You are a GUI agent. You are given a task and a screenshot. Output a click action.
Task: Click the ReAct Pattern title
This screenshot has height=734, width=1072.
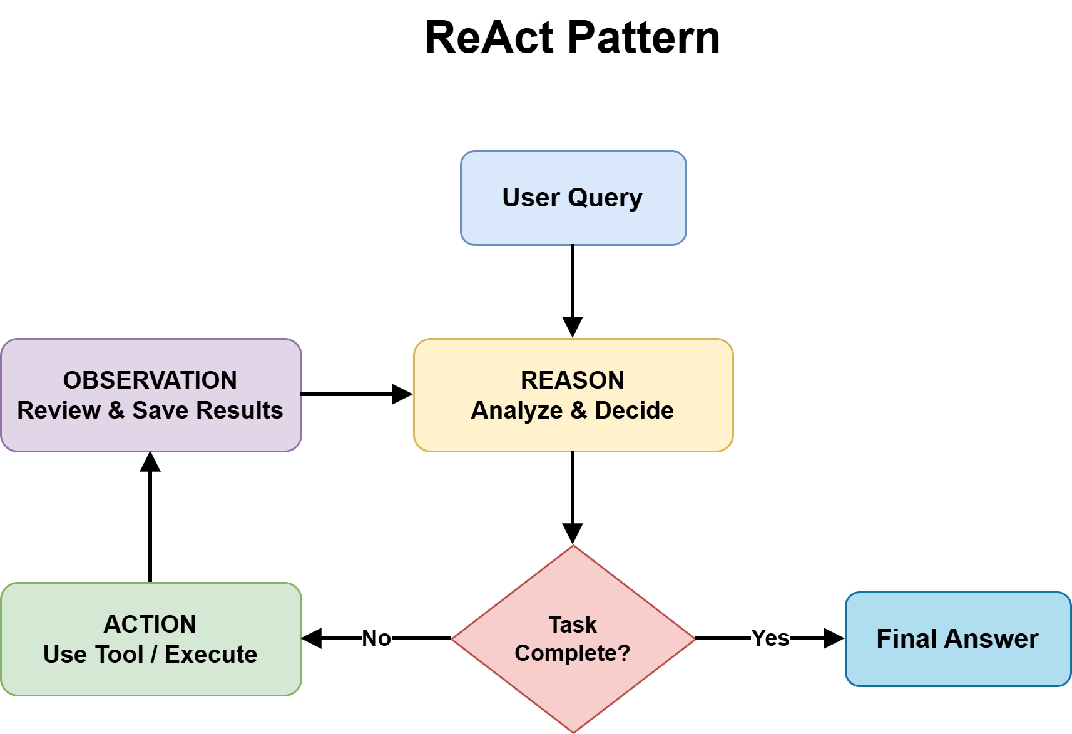pyautogui.click(x=572, y=38)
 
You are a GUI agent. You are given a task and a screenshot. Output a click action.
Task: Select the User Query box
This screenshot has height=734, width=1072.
pyautogui.click(x=573, y=198)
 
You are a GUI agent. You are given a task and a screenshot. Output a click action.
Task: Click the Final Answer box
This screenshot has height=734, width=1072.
pyautogui.click(x=957, y=639)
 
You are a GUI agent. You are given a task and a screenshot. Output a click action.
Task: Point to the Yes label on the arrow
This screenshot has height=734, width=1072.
pyautogui.click(x=770, y=638)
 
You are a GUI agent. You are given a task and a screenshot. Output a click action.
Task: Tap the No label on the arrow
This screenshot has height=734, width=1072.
pyautogui.click(x=377, y=638)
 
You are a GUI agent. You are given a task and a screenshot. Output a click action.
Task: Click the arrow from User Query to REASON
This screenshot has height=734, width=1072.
pyautogui.click(x=573, y=288)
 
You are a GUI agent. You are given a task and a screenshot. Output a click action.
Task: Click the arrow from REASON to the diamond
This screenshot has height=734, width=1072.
pyautogui.click(x=573, y=494)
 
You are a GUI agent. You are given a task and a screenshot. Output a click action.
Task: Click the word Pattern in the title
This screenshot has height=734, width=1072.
pyautogui.click(x=644, y=38)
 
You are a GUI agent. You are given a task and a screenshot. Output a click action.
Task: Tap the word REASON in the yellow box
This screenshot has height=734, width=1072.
pyautogui.click(x=573, y=380)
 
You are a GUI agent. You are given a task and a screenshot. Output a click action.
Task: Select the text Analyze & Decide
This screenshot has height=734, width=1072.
pyautogui.click(x=573, y=410)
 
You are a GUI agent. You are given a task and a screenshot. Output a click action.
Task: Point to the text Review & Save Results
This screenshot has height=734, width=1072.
pyautogui.click(x=150, y=410)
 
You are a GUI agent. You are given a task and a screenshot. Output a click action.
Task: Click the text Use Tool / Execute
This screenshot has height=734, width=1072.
pyautogui.click(x=150, y=655)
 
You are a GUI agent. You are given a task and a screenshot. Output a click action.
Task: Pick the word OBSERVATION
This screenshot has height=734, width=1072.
pyautogui.click(x=150, y=380)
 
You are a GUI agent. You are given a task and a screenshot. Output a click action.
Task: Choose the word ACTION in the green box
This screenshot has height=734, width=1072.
pyautogui.click(x=150, y=624)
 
